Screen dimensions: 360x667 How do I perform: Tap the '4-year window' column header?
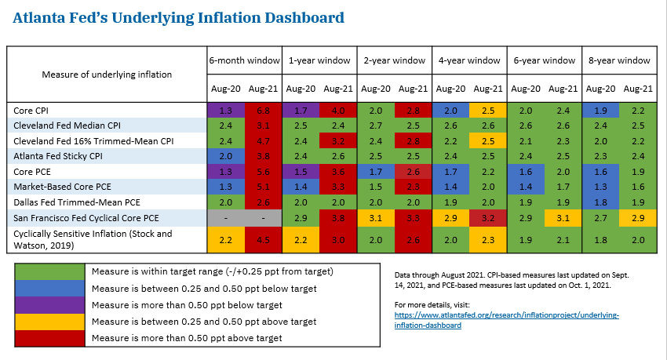pos(468,60)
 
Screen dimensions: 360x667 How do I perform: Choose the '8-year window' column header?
pos(618,60)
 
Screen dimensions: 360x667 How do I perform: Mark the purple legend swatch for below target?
pos(50,305)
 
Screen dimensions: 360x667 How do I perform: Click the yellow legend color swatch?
pos(50,322)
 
